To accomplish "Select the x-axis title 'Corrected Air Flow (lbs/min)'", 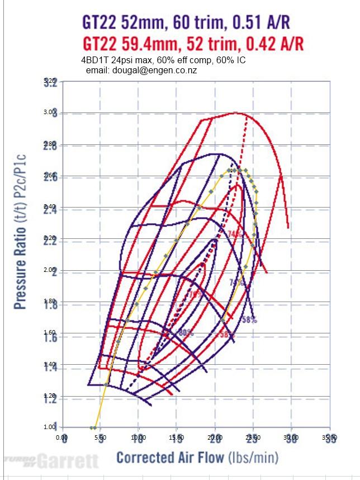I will point(197,458).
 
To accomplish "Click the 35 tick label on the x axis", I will point(330,439).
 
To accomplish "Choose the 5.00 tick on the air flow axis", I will point(101,439).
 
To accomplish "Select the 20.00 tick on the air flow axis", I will point(215,439).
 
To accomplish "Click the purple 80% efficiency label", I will point(186,333).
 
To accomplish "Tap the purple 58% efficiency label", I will point(249,320).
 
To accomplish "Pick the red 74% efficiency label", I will point(235,234).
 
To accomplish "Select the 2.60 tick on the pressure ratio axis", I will point(51,176).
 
